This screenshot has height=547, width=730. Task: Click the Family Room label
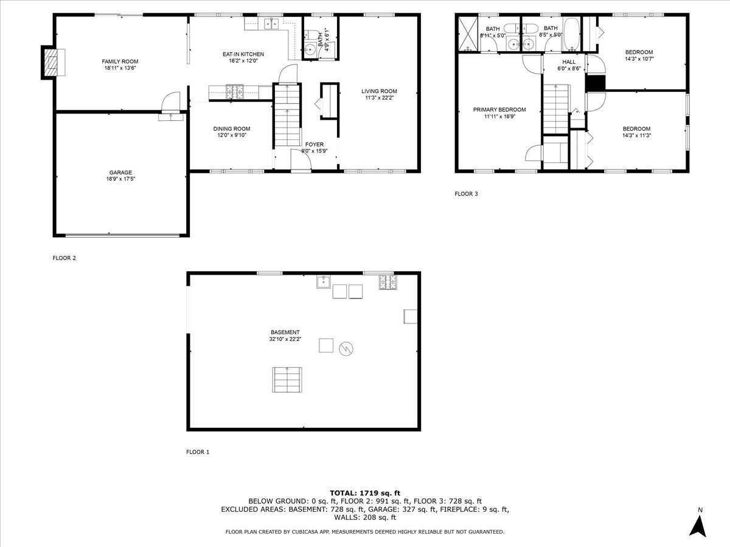pos(120,61)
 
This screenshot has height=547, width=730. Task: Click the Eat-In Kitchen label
pos(243,54)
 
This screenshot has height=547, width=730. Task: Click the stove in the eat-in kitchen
pos(234,92)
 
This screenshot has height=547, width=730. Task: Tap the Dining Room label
pos(231,128)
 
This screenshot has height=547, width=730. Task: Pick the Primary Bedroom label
pos(499,110)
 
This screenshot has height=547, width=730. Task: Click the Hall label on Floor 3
pos(569,62)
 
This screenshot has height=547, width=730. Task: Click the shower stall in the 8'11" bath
pos(468,34)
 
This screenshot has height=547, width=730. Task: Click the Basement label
pos(285,332)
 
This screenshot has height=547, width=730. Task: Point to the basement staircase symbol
pos(287,380)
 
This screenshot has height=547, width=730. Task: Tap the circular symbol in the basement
pos(346,349)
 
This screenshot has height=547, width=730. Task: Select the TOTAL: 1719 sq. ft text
pos(365,493)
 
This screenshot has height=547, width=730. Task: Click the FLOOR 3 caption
pos(467,194)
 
